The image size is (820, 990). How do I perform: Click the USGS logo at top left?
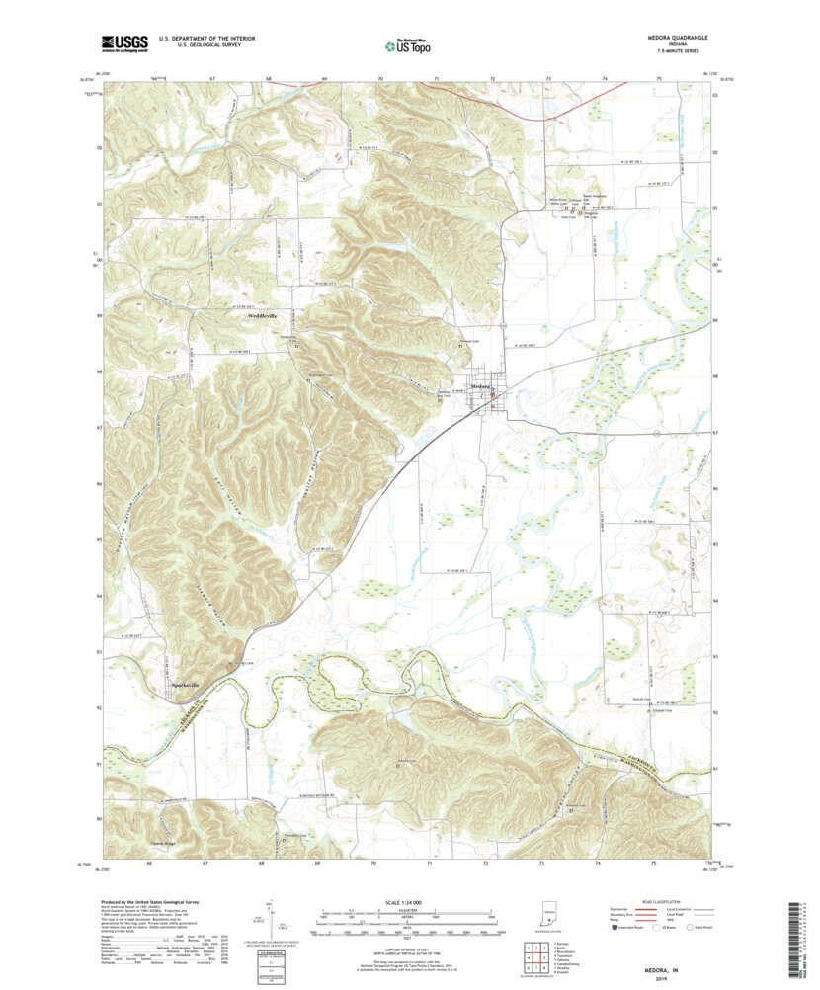123,42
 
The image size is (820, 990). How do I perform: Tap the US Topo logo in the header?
407,44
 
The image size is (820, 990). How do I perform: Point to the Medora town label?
480,385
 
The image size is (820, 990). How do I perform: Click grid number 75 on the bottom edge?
653,863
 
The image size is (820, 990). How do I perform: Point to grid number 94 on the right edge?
714,600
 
